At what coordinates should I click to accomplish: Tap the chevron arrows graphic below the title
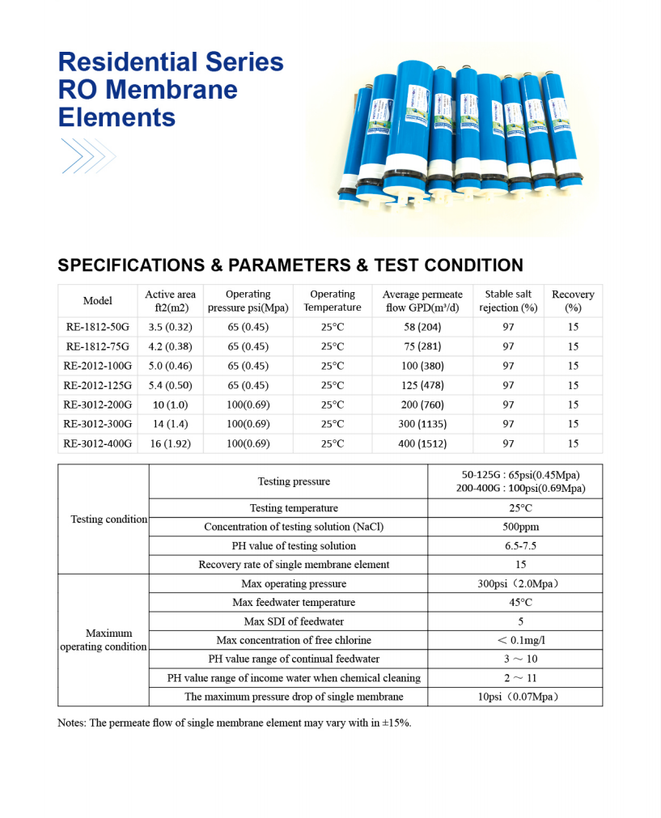(88, 155)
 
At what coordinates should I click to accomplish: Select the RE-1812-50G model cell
(97, 327)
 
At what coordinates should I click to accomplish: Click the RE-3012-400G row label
(97, 443)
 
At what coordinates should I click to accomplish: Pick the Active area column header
(170, 300)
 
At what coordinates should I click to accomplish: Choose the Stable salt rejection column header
(508, 300)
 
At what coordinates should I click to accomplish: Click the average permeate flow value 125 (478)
(423, 385)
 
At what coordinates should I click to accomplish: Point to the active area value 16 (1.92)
(170, 443)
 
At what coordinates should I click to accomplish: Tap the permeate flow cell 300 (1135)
(423, 424)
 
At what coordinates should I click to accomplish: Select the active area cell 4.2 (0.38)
(170, 346)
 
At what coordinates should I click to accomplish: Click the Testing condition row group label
(109, 519)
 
